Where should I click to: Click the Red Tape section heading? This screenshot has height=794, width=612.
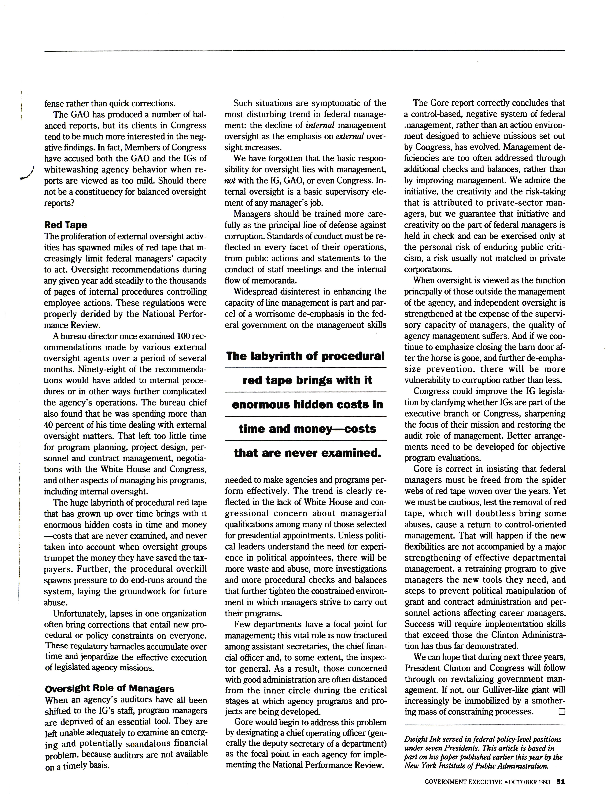[x=65, y=225]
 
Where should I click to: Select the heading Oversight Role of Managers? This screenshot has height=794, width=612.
[x=109, y=688]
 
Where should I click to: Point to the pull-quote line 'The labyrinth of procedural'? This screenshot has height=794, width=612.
[x=305, y=356]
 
